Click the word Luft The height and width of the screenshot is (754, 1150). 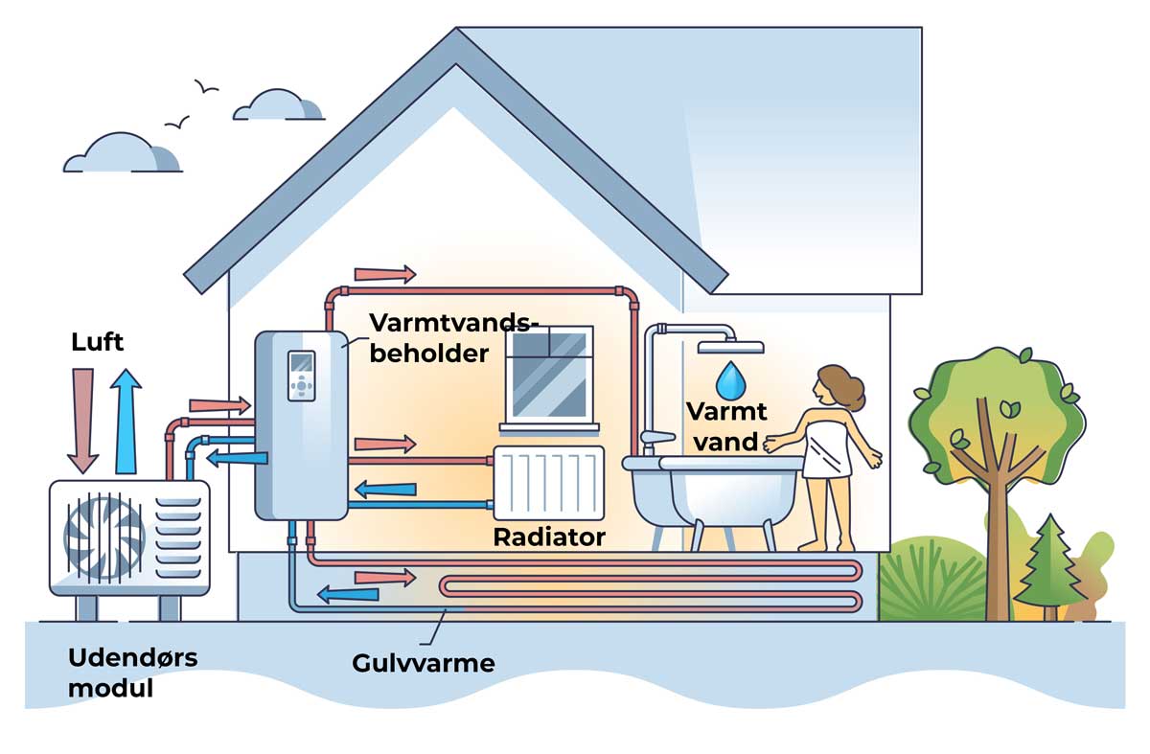point(98,342)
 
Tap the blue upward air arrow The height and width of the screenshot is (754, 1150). point(126,422)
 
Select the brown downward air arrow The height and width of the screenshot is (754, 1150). point(84,422)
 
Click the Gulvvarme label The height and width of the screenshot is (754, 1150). point(423,663)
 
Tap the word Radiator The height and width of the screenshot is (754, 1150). point(549,537)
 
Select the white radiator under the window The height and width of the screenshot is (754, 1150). point(549,480)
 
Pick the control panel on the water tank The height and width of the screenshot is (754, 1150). point(301,375)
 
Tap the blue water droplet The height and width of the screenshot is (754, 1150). point(733,379)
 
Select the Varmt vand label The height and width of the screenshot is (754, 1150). point(726,427)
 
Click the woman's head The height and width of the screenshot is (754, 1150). point(832,388)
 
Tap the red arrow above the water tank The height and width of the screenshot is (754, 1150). point(384,275)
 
